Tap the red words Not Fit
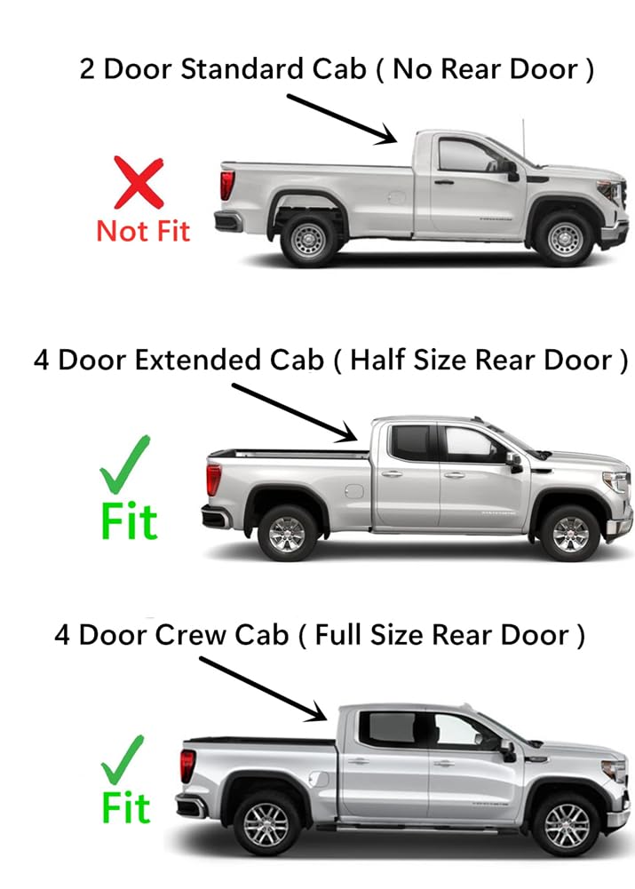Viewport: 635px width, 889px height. [x=143, y=231]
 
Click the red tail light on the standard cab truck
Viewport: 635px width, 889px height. [x=228, y=185]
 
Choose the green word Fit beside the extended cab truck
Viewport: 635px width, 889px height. [x=129, y=521]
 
